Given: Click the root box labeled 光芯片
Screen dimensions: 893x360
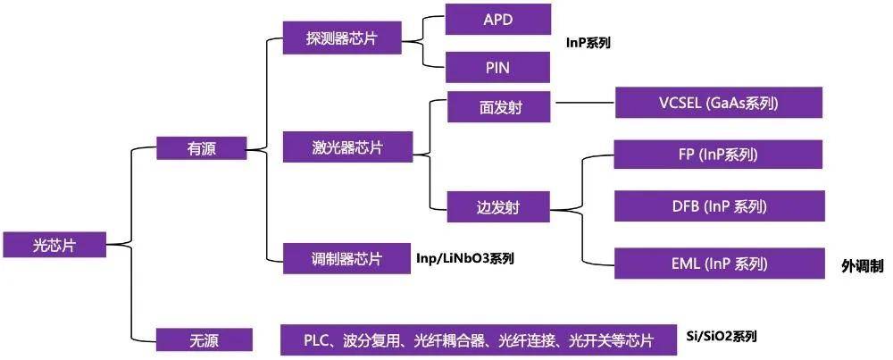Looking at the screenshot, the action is (x=54, y=245).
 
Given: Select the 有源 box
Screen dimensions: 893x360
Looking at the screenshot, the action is (x=202, y=149).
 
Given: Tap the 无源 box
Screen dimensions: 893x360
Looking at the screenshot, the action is (x=204, y=340).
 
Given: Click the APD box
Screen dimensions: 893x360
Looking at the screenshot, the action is (x=498, y=19).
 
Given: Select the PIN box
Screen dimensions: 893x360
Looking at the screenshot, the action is (x=497, y=67).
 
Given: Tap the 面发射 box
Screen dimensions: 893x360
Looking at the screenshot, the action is (x=499, y=106).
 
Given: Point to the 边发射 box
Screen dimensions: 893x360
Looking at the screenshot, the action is (x=498, y=206).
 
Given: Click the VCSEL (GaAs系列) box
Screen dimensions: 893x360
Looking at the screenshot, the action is (x=719, y=103).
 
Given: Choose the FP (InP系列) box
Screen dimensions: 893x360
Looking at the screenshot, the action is (x=719, y=155).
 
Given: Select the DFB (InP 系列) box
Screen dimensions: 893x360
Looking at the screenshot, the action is (x=720, y=205).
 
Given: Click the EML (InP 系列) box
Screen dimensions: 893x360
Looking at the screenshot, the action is (x=720, y=264).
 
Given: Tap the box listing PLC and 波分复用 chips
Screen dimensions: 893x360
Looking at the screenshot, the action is (x=479, y=340).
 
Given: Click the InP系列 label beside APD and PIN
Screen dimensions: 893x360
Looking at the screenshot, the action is (x=588, y=43).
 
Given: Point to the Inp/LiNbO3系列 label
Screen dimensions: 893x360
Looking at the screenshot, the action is (x=465, y=258).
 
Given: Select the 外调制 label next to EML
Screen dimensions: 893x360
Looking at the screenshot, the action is (x=863, y=266).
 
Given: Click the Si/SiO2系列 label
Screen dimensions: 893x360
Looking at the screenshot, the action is (x=722, y=336).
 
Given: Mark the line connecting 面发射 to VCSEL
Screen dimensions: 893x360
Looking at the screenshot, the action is (x=586, y=103).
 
